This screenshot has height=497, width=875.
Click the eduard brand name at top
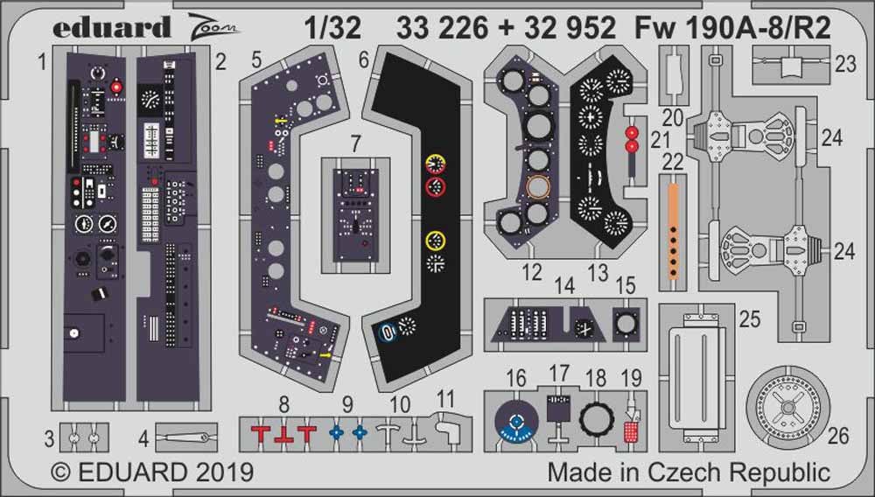[111, 28]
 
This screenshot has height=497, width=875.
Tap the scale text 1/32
[334, 28]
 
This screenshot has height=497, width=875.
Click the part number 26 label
[838, 435]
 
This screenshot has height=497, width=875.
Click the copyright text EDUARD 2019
[153, 473]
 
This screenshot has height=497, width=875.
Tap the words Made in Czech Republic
[689, 473]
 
